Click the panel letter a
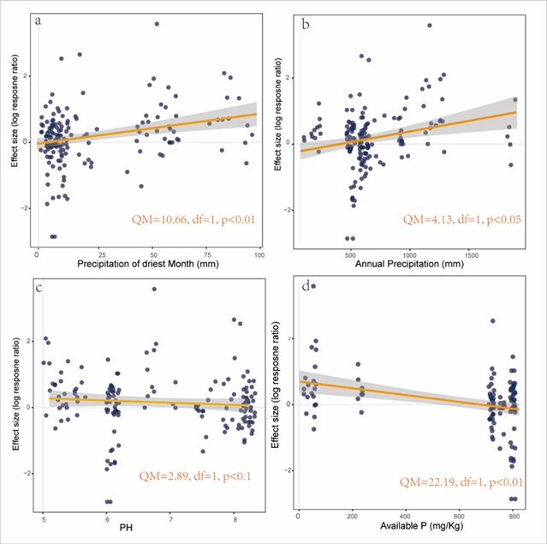[39, 21]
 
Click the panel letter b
[306, 23]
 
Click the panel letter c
[39, 288]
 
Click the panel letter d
[305, 289]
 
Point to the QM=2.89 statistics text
[195, 476]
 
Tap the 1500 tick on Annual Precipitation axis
[470, 255]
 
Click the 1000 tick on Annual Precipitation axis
[409, 255]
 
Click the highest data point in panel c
[154, 289]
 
